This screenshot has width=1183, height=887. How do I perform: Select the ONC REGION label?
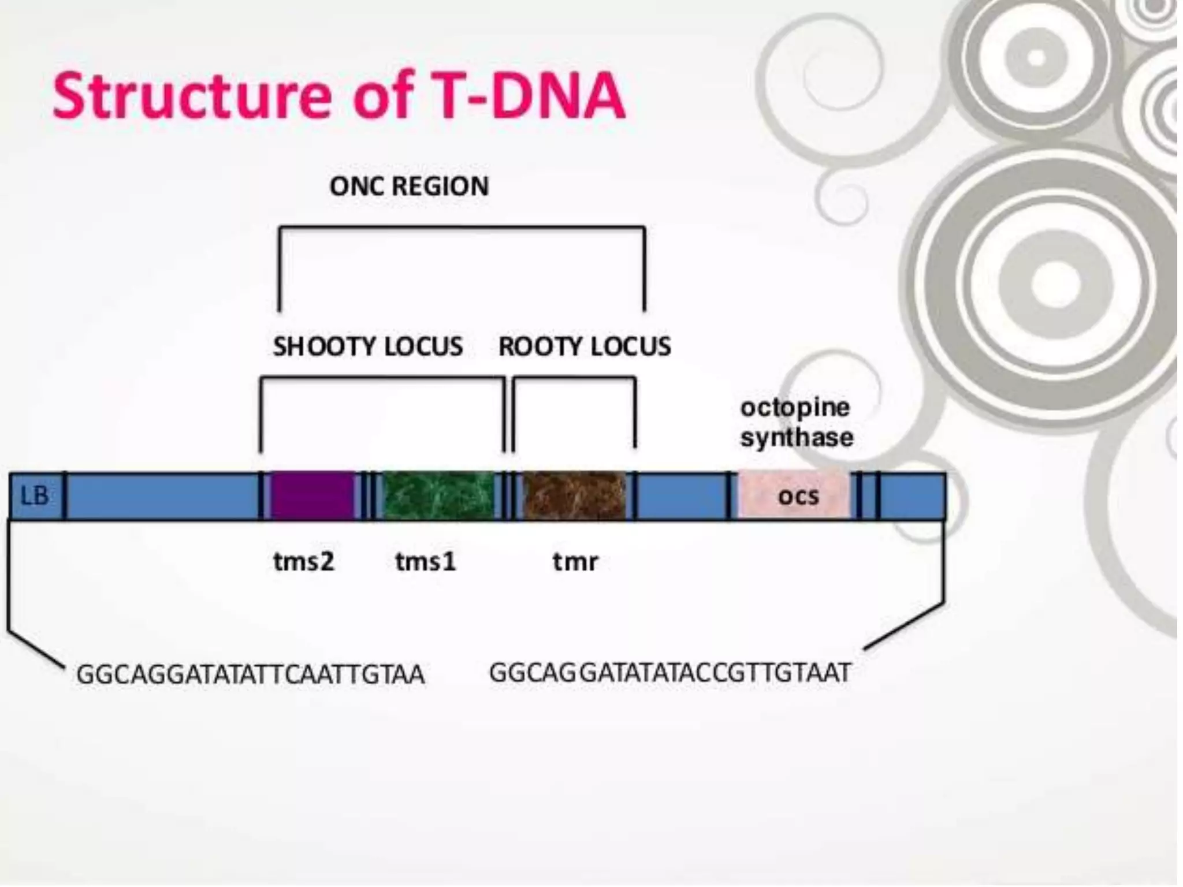[x=409, y=187]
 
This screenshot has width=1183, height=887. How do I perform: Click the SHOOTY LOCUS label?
[x=368, y=346]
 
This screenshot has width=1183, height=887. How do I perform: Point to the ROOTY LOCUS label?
[x=585, y=346]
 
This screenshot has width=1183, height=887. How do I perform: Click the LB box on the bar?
[x=35, y=496]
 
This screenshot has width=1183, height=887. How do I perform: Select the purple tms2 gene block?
[x=313, y=496]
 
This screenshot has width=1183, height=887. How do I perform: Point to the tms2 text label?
[x=304, y=561]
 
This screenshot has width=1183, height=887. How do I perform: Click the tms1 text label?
[x=426, y=561]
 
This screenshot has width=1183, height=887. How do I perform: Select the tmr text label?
[x=575, y=561]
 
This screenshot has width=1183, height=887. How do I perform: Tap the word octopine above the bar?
[x=795, y=408]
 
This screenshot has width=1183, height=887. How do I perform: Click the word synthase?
[x=797, y=437]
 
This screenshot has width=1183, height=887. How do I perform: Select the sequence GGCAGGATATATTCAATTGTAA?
[x=251, y=674]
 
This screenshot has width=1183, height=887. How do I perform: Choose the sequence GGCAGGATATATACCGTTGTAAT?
[x=670, y=673]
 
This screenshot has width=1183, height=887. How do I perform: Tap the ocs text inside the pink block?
[x=798, y=496]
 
